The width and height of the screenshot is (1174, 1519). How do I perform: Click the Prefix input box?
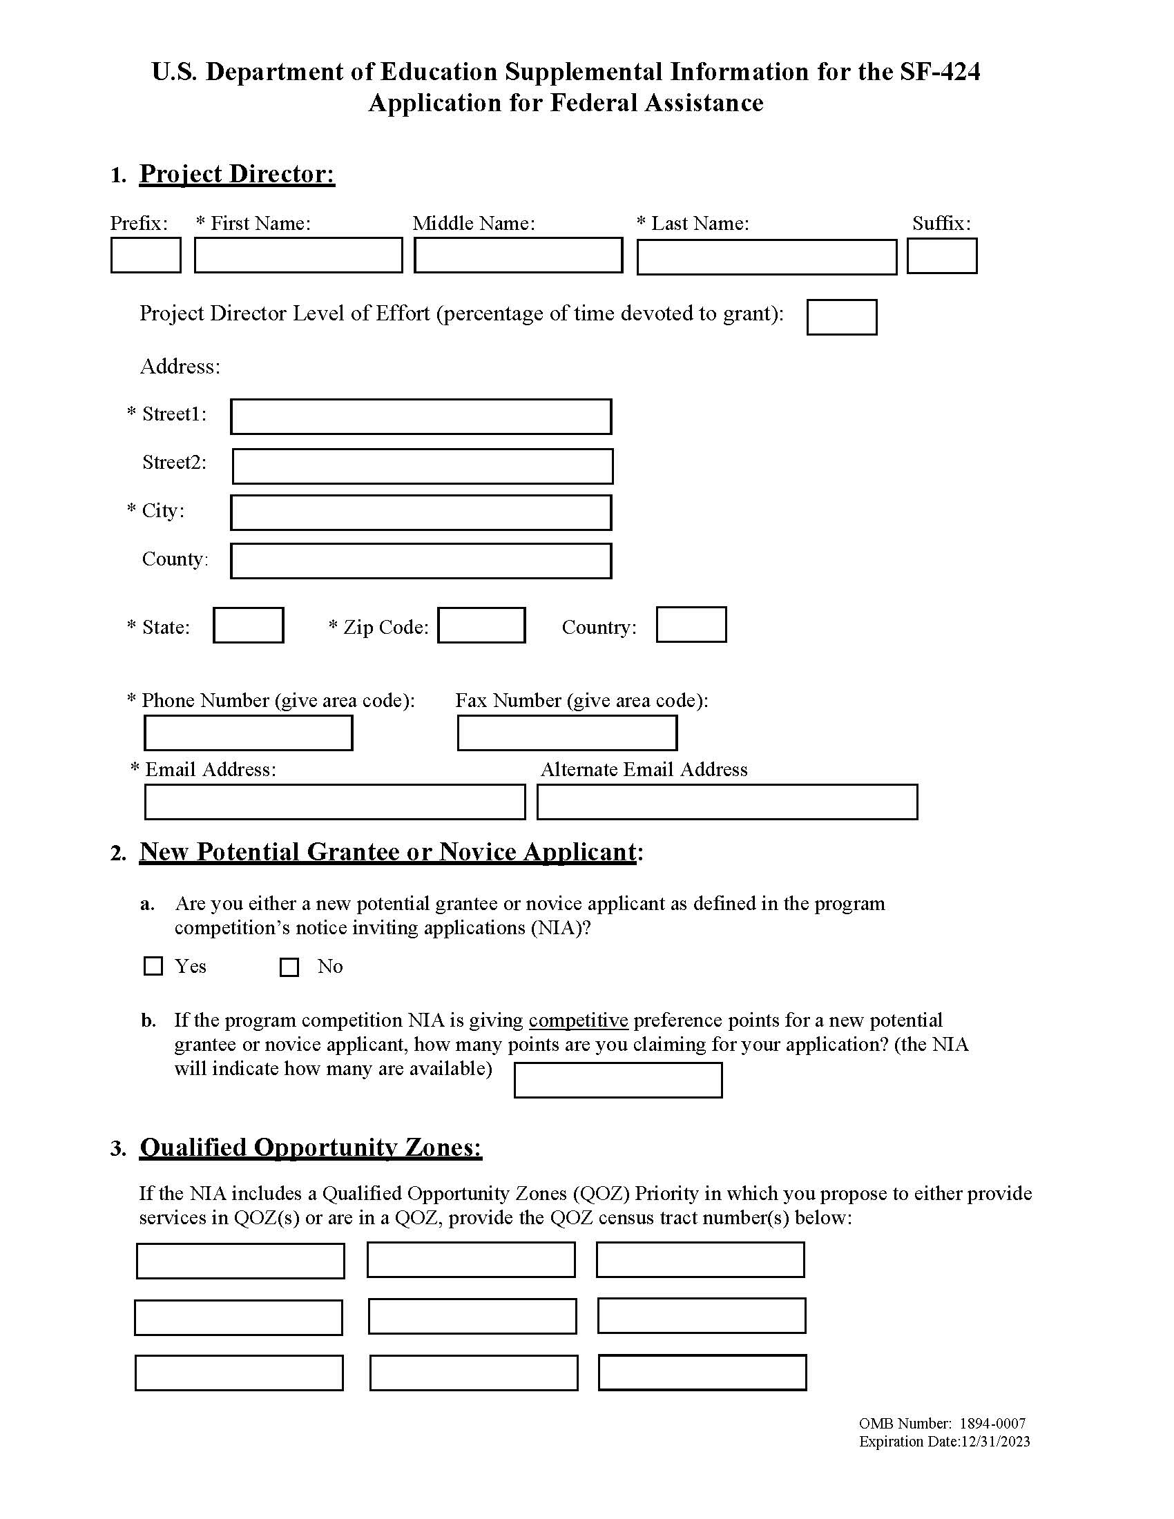click(x=145, y=255)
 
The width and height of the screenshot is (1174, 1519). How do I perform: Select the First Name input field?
click(x=298, y=255)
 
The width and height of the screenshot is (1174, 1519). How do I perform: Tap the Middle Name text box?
click(x=518, y=255)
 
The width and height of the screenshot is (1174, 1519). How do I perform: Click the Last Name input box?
click(x=767, y=258)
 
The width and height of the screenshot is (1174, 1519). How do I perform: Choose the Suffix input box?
click(x=942, y=256)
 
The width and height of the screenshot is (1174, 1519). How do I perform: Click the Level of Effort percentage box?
click(x=842, y=317)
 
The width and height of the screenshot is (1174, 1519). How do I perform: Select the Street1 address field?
click(x=421, y=416)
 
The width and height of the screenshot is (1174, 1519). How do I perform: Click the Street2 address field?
click(x=422, y=466)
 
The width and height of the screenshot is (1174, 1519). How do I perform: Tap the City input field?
click(x=421, y=512)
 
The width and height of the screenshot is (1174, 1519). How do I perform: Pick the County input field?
click(x=421, y=561)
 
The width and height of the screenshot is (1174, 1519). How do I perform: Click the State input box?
click(x=249, y=626)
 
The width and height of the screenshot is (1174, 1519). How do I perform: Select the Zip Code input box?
click(x=481, y=626)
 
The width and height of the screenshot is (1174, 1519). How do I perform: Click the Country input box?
click(x=691, y=625)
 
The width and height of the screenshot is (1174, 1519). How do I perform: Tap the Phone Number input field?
click(x=249, y=733)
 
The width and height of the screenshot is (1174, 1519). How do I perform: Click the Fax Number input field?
click(x=567, y=733)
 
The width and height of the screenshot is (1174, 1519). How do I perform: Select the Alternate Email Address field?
click(x=726, y=802)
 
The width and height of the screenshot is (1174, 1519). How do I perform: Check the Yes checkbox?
click(x=153, y=966)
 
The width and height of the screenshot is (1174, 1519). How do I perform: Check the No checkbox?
click(x=289, y=967)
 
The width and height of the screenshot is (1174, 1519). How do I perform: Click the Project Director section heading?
click(x=237, y=174)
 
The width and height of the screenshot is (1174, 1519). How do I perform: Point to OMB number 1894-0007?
click(x=942, y=1424)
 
